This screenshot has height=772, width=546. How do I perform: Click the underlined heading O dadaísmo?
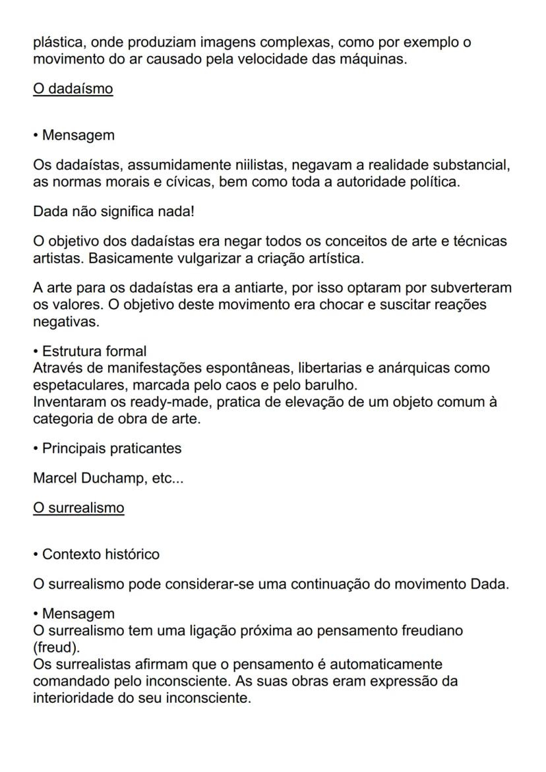pyautogui.click(x=73, y=88)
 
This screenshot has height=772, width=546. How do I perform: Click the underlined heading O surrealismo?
pyautogui.click(x=78, y=508)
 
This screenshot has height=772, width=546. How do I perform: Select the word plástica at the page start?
pyautogui.click(x=57, y=43)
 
